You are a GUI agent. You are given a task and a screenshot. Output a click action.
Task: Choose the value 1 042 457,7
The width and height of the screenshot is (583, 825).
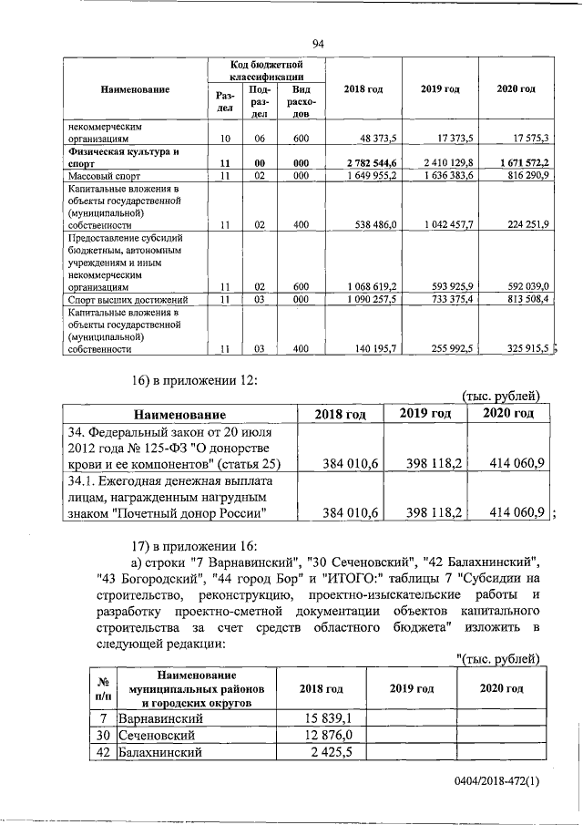tap(449, 223)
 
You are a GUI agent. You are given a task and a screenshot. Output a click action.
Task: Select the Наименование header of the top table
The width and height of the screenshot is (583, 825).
tap(135, 88)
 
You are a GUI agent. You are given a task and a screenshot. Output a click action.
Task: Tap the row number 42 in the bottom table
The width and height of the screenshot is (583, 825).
tap(105, 752)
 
